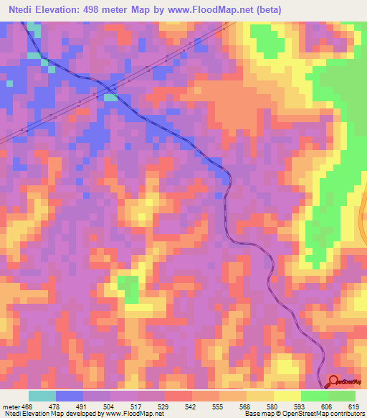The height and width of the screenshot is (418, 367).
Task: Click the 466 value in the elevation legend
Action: (x=27, y=406)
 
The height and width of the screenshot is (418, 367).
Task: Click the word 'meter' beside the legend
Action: (x=10, y=406)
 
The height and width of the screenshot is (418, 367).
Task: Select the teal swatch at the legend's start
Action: (x=42, y=396)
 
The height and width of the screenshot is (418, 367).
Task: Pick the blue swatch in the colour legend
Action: (x=69, y=396)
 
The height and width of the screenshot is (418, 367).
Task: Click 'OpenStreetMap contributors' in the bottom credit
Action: (x=330, y=414)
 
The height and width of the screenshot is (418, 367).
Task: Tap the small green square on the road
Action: (x=110, y=97)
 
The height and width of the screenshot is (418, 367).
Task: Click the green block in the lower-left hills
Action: (x=128, y=288)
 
